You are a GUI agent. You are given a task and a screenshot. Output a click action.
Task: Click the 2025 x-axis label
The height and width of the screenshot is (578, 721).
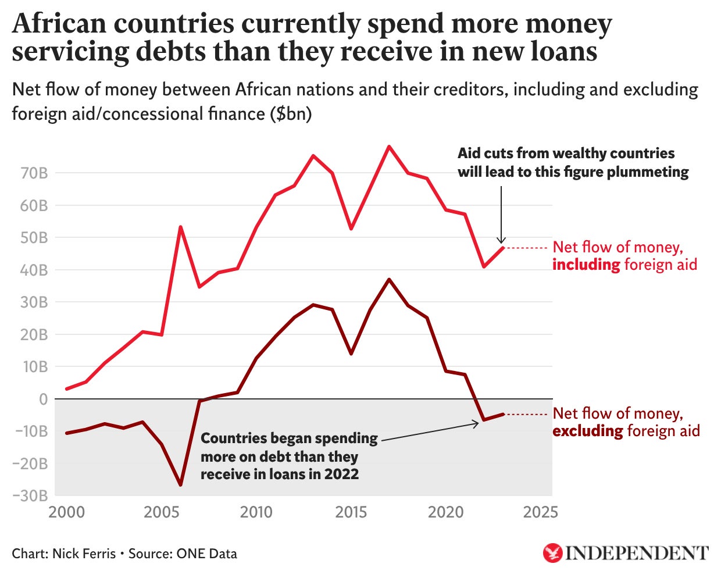[541, 512]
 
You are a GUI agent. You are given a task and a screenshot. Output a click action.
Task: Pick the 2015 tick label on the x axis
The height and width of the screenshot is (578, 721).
[351, 512]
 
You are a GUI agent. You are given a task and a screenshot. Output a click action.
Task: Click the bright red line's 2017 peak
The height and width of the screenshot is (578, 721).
[389, 146]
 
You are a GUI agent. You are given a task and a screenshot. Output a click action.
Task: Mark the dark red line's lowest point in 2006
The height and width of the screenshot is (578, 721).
[180, 485]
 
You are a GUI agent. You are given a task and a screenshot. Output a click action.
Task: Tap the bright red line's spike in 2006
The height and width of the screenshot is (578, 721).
[180, 227]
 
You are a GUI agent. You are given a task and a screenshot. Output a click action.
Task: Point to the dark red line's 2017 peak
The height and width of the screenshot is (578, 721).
[389, 280]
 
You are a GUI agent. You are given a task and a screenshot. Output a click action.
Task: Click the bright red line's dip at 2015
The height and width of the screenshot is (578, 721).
[351, 229]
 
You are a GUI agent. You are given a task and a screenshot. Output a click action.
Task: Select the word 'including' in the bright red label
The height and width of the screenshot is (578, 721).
[586, 265]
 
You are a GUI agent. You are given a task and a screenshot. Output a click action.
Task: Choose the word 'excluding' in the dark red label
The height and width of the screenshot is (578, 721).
[588, 431]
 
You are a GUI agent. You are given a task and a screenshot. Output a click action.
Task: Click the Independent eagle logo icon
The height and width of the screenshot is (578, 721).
[552, 553]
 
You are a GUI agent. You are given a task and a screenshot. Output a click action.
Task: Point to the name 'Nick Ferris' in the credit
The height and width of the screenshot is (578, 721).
[84, 554]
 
